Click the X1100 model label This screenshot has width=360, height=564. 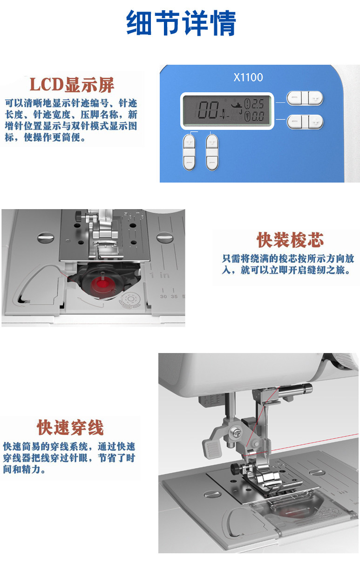(248, 77)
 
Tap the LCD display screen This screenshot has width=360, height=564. (227, 111)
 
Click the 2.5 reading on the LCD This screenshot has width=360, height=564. (258, 104)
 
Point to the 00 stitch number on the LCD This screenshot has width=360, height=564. (208, 110)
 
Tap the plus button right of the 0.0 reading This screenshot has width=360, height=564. (316, 122)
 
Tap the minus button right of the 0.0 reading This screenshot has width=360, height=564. (294, 122)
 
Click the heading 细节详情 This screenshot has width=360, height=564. (181, 23)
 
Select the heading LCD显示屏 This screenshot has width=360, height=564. (72, 85)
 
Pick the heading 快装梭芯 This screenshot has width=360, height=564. (290, 240)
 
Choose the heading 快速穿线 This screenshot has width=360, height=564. (70, 428)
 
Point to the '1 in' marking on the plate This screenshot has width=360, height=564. (160, 275)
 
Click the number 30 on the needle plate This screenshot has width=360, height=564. (163, 297)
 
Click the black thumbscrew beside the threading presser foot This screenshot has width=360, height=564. (235, 468)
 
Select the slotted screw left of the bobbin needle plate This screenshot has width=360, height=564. (46, 237)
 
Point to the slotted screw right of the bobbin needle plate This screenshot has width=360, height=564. (165, 237)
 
